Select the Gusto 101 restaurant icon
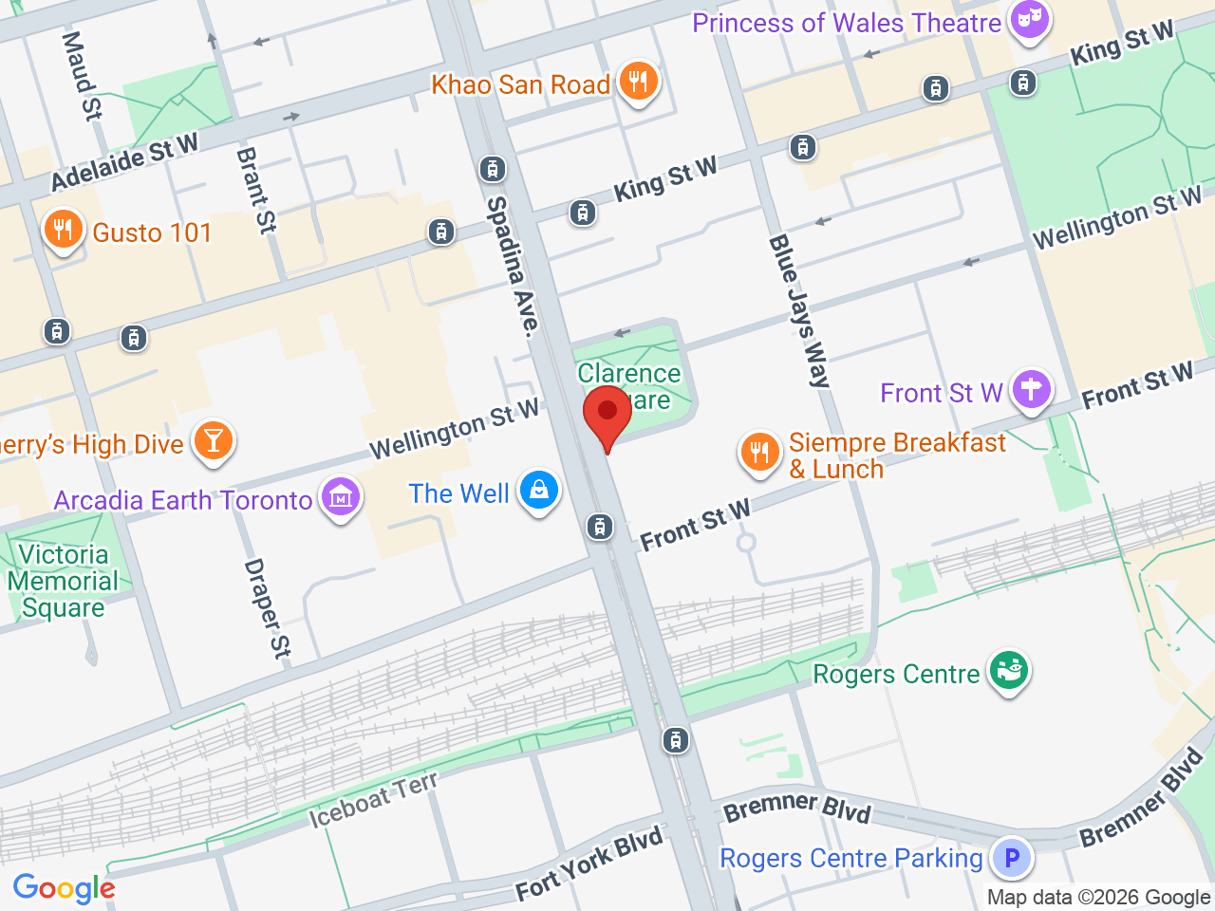(63, 231)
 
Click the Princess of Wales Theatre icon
(1029, 19)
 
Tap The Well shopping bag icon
(539, 491)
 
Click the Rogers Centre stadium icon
(1008, 670)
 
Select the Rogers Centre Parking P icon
(1012, 858)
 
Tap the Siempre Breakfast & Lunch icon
(759, 452)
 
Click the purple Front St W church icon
(1031, 389)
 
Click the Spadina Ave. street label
(513, 266)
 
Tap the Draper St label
(267, 608)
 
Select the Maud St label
(82, 76)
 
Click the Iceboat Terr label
(374, 800)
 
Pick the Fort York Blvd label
(589, 865)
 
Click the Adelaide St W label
(124, 161)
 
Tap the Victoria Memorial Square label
(63, 581)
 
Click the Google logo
(65, 888)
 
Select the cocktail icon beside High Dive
(214, 441)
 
